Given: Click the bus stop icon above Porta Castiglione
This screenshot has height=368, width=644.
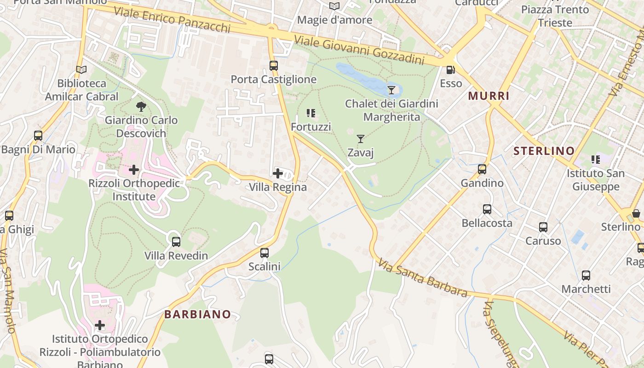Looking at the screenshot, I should [274, 66].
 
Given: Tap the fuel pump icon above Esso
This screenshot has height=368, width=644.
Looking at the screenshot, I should [451, 70].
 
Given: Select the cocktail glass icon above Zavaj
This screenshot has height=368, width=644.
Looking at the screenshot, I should [361, 138].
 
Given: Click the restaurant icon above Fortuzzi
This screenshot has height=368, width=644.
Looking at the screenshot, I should [311, 113].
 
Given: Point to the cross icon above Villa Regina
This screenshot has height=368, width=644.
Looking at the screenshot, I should [278, 173].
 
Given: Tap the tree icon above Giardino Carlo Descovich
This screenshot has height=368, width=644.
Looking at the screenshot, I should [141, 107].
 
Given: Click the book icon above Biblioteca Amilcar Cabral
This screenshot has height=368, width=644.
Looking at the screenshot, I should [81, 70].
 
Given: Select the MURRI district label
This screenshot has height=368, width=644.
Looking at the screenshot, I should [489, 96].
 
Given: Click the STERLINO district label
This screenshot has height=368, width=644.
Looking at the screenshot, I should [544, 151].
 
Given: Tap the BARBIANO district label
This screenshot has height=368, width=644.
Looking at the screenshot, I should [197, 315].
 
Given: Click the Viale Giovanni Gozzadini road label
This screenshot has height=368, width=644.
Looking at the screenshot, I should [359, 51].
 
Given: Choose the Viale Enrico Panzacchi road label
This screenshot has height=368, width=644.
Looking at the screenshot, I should [172, 19].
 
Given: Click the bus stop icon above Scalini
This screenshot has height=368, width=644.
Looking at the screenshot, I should [264, 253].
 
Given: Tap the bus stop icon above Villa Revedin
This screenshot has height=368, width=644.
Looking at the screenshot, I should [176, 241].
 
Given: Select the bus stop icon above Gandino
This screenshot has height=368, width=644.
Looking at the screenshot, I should [482, 169].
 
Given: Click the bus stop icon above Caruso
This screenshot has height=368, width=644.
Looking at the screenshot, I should [543, 227].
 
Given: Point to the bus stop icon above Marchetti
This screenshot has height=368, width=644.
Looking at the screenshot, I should [586, 276].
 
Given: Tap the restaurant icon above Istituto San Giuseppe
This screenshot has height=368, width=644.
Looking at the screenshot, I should [596, 160].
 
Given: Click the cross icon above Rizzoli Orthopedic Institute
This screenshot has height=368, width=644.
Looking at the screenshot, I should [134, 170].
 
